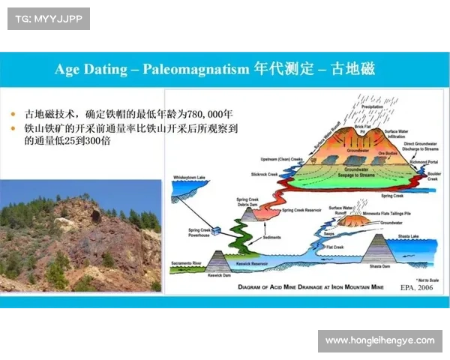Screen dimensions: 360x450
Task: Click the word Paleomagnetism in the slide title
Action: click(x=201, y=70)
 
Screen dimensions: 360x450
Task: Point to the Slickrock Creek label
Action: click(x=264, y=173)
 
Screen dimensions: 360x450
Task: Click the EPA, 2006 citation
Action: click(x=416, y=286)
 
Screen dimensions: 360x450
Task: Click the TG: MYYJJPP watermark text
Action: click(x=48, y=18)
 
